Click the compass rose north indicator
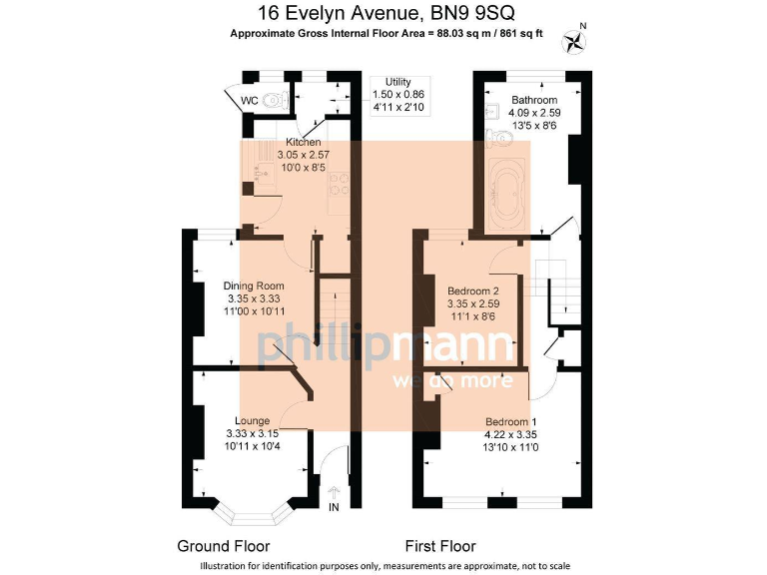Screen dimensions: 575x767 point(576,40)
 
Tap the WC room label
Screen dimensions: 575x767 point(249,99)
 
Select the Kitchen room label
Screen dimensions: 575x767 point(303,143)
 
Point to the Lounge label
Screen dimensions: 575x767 point(252,420)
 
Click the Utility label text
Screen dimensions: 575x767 point(397,82)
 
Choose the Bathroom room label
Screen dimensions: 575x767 point(534,100)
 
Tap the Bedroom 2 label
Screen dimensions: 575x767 point(472,291)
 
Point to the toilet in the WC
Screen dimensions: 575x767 point(277,101)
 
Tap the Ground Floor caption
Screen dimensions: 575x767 point(223,546)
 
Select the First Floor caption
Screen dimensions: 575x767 point(439,546)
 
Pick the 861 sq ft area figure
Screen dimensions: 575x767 point(520,33)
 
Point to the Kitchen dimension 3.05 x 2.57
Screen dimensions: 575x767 point(303,156)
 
